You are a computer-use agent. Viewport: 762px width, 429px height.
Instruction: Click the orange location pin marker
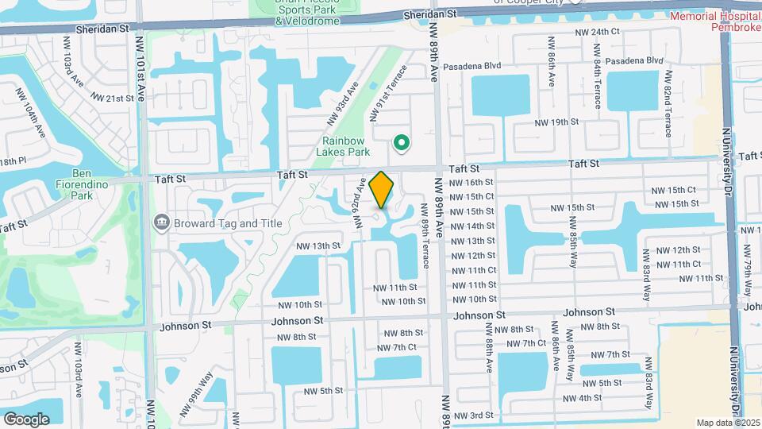coord(381,189)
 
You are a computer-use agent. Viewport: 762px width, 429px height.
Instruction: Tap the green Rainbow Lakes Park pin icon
coord(402,143)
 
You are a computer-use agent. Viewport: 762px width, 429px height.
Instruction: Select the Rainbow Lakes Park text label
coord(343,146)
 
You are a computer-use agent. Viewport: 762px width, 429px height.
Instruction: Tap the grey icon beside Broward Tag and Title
coord(161,222)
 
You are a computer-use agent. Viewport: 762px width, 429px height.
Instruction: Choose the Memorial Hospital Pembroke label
coord(714,23)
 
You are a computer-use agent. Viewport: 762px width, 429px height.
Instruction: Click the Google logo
coord(26,418)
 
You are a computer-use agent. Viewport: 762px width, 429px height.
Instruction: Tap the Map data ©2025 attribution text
coord(728,423)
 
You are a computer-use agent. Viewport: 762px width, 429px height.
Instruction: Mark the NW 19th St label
coord(557,122)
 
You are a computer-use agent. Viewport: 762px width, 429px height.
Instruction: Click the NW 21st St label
coord(114,98)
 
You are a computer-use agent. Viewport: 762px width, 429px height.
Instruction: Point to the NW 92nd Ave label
coord(362,203)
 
